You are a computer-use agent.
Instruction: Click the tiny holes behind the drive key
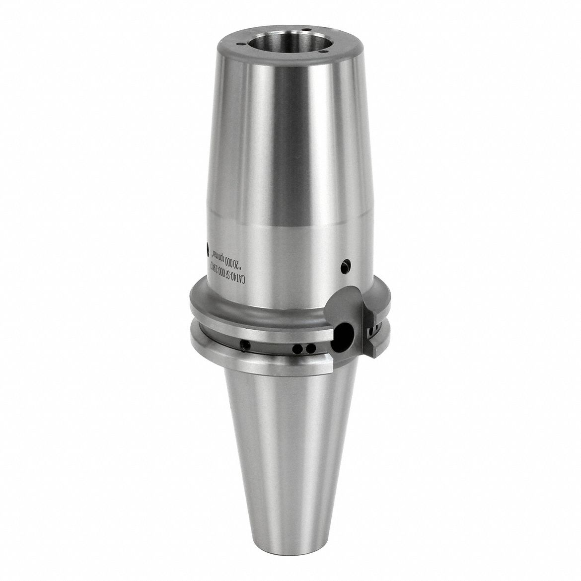pos(371,329)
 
